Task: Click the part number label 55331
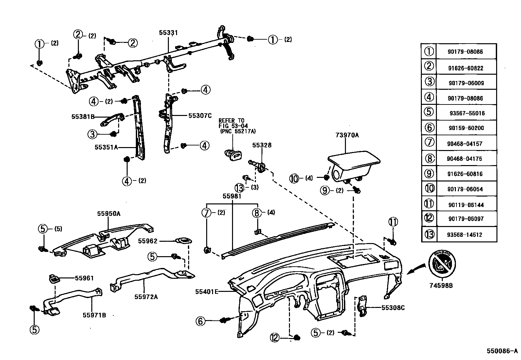[x=168, y=32]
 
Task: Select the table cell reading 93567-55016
[x=467, y=113]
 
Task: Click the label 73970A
[x=347, y=135]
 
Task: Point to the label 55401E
[x=207, y=292]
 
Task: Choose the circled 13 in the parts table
[x=429, y=234]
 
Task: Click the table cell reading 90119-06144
[x=466, y=205]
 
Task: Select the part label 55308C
[x=393, y=308]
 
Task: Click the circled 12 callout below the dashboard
[x=275, y=337]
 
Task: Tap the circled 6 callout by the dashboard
[x=201, y=321]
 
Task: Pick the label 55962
[x=148, y=241]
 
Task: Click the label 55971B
[x=94, y=315]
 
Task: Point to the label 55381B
[x=83, y=117]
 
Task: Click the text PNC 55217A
[x=238, y=131]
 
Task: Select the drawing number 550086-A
[x=502, y=351]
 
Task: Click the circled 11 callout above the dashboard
[x=393, y=222]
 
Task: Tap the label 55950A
[x=109, y=214]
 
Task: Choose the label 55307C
[x=200, y=116]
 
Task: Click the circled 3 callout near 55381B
[x=93, y=134]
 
